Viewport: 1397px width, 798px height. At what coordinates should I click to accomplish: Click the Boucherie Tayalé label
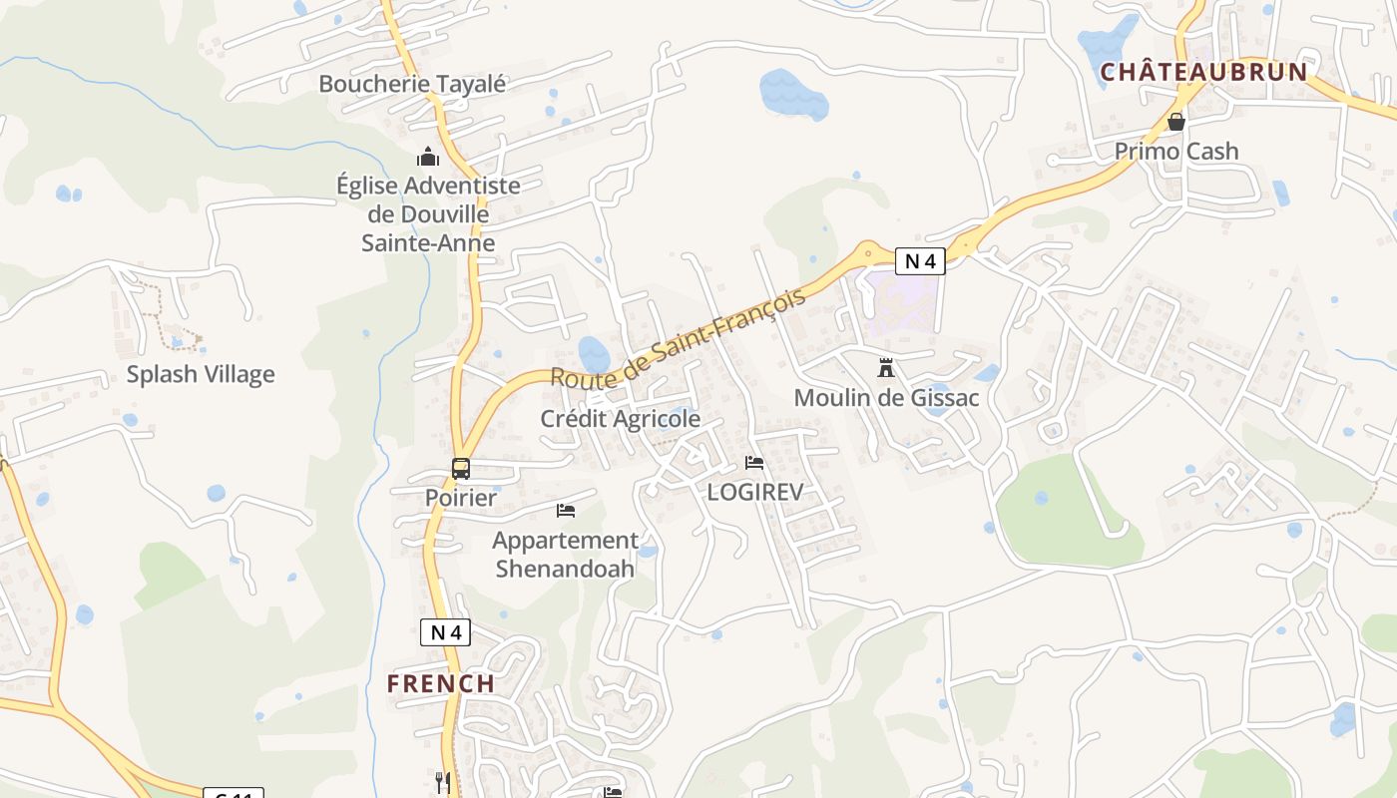point(412,84)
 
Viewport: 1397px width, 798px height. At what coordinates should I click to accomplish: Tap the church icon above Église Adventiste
point(428,157)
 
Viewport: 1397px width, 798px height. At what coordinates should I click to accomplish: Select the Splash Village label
point(201,374)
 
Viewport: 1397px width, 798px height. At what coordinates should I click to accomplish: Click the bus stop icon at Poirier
point(461,468)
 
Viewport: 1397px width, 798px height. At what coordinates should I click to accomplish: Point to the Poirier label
point(461,497)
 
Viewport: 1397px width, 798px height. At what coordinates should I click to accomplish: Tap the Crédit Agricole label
point(621,419)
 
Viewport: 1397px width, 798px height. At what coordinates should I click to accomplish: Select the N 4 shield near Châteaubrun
point(919,261)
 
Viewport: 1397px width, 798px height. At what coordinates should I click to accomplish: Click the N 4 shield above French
point(445,631)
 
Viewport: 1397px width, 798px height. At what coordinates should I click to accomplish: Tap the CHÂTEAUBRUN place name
point(1203,72)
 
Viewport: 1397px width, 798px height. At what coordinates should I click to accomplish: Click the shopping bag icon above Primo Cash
point(1176,122)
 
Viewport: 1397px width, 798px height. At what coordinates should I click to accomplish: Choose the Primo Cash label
point(1176,151)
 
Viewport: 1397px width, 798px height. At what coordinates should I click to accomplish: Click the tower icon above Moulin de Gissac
point(885,368)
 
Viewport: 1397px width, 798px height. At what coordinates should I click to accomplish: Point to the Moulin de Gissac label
point(886,398)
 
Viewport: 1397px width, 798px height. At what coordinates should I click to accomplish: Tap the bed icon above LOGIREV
point(754,462)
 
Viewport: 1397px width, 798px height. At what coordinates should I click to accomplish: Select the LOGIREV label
point(755,492)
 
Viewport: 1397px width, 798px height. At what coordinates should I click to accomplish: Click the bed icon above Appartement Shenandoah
point(566,511)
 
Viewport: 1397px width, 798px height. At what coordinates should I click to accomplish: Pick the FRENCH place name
point(441,683)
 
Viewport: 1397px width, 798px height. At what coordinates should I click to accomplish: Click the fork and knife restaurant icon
point(443,782)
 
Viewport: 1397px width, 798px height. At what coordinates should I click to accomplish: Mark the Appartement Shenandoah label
point(566,555)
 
